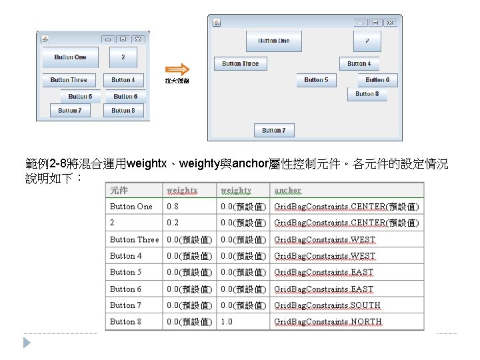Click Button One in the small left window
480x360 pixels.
tap(70, 57)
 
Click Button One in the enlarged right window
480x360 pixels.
tap(274, 41)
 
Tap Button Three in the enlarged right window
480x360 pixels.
tap(241, 64)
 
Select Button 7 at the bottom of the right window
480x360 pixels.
tap(273, 131)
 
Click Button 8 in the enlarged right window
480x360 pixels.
tap(367, 95)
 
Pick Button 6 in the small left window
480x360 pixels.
tap(125, 97)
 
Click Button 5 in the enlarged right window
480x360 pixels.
tap(316, 80)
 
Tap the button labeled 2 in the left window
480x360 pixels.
tap(123, 57)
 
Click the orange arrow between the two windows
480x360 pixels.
tap(177, 69)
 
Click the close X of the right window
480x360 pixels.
tap(391, 23)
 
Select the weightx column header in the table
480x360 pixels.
tap(182, 190)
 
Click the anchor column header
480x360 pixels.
tap(288, 190)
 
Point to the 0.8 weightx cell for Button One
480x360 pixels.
tap(173, 207)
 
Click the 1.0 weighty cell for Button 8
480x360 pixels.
tap(227, 321)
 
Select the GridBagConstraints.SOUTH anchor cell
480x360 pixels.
tap(327, 305)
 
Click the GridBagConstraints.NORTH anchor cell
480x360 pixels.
tap(328, 321)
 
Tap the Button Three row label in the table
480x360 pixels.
tap(134, 239)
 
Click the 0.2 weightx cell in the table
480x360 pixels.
tap(173, 223)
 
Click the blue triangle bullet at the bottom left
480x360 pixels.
tap(27, 342)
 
